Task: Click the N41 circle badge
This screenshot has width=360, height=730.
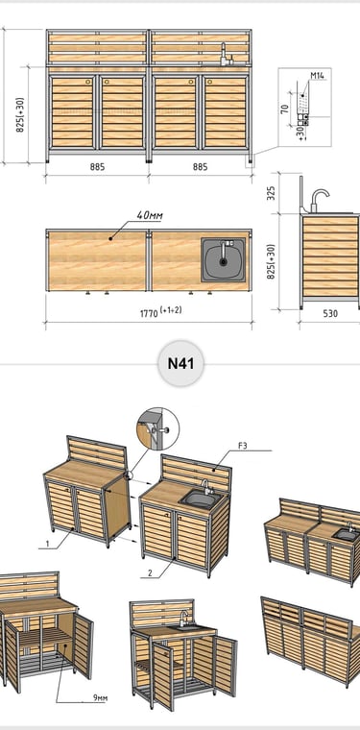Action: [x=180, y=363]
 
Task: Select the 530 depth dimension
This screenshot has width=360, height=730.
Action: [x=330, y=313]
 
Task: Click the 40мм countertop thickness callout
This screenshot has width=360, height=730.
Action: [x=150, y=215]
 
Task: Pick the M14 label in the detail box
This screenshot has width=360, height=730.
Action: [x=317, y=75]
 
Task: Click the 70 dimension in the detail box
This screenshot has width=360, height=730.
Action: [x=285, y=108]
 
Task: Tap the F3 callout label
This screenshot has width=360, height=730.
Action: [x=242, y=446]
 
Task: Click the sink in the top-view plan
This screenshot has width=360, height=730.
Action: [x=224, y=259]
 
